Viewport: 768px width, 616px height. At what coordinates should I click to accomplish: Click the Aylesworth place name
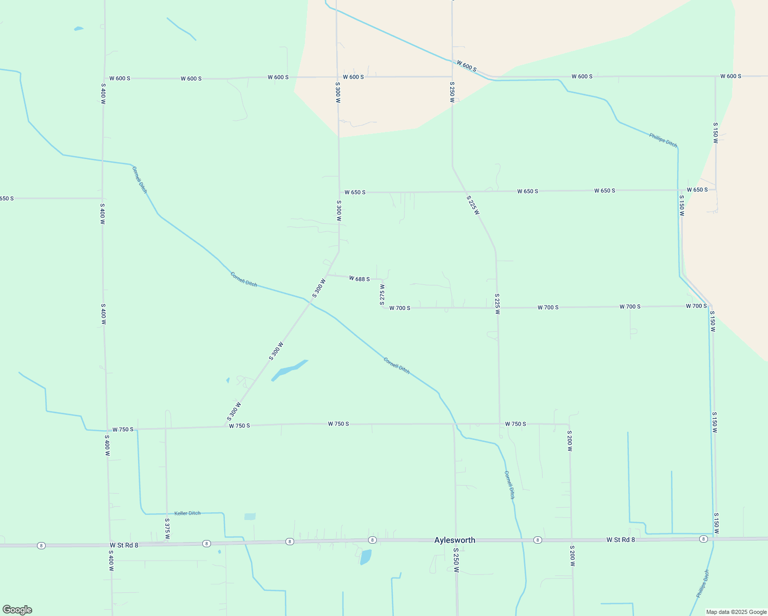click(x=454, y=540)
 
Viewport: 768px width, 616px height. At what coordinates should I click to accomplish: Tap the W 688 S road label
click(x=359, y=279)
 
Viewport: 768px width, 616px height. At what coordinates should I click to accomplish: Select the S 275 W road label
click(x=382, y=295)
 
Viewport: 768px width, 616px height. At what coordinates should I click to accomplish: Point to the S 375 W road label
click(x=167, y=528)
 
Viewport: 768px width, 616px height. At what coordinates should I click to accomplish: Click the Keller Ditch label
click(x=187, y=513)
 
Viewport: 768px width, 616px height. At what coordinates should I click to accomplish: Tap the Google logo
click(x=17, y=609)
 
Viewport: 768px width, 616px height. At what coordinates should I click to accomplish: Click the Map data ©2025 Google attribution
click(x=736, y=612)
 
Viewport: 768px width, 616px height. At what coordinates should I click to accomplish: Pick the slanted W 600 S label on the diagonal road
click(x=466, y=66)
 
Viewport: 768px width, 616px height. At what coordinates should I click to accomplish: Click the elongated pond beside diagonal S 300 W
click(x=289, y=370)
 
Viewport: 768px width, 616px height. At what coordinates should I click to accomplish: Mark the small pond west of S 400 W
click(x=78, y=29)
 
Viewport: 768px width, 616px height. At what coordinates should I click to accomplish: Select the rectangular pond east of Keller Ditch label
click(x=249, y=516)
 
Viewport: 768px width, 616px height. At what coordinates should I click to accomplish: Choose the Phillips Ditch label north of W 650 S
click(x=663, y=140)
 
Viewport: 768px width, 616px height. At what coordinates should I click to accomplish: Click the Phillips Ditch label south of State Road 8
click(x=702, y=584)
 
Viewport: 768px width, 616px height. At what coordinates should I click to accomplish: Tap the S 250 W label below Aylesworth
click(x=456, y=560)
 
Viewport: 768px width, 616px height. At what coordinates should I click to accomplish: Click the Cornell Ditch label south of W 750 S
click(x=509, y=485)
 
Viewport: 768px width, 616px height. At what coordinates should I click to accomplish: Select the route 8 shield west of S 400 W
click(x=41, y=545)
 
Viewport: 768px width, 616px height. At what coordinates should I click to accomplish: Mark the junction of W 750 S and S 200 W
click(x=569, y=425)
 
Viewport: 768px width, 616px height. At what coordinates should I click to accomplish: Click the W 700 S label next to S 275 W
click(x=399, y=308)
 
